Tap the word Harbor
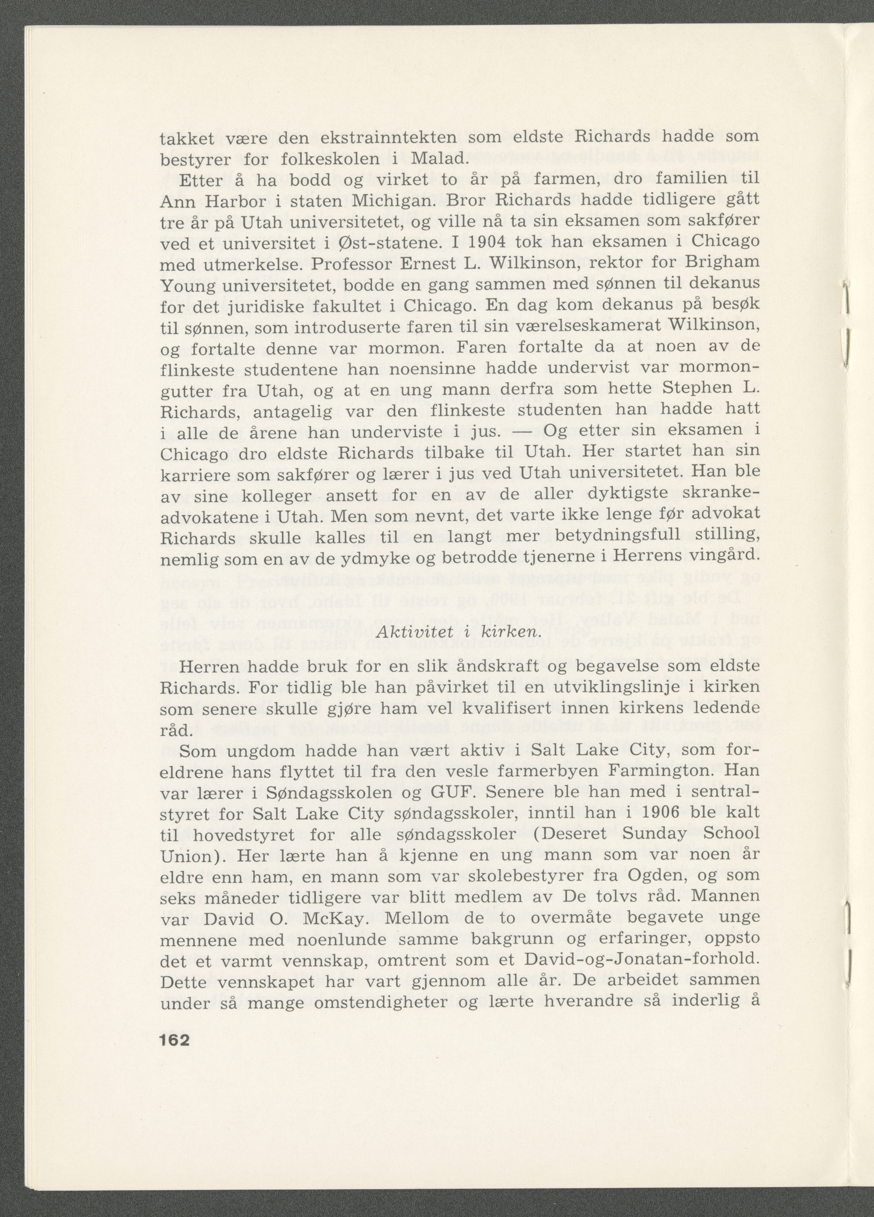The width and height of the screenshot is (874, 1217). [239, 201]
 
